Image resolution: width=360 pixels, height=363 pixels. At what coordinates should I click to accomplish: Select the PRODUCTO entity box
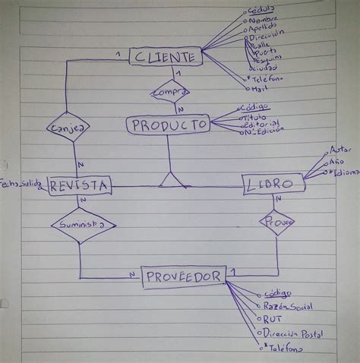[168, 124]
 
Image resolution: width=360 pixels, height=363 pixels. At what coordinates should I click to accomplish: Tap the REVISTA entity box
[79, 185]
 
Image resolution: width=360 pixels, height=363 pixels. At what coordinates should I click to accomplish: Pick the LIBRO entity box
[273, 184]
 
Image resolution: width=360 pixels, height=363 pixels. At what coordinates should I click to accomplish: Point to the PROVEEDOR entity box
[184, 276]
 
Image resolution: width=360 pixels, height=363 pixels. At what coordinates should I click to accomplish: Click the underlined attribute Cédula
[263, 10]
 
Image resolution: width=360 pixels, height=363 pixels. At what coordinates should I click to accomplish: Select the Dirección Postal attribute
[294, 333]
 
